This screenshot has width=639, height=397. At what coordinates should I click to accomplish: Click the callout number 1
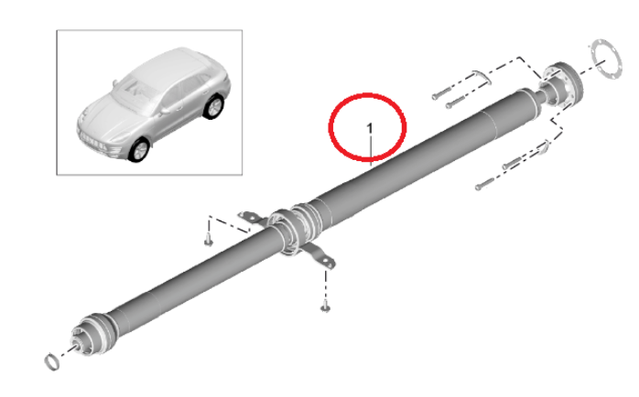click(370, 129)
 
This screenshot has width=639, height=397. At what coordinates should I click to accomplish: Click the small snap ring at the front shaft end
click(52, 361)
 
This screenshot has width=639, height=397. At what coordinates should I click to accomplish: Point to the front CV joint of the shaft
click(91, 335)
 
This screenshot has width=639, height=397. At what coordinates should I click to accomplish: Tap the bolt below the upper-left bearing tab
click(209, 240)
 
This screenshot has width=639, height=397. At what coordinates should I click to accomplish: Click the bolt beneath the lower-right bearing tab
click(325, 306)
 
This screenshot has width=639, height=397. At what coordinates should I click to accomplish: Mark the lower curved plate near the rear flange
click(544, 146)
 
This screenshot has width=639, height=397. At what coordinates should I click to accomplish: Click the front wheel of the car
click(138, 150)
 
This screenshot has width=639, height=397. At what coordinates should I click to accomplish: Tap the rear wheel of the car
click(213, 106)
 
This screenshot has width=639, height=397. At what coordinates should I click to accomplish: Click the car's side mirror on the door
click(165, 111)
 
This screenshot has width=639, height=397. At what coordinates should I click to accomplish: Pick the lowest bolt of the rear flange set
click(484, 185)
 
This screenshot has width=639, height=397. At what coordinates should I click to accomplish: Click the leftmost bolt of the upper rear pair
click(441, 93)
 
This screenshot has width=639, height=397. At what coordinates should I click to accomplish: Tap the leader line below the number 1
click(371, 151)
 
